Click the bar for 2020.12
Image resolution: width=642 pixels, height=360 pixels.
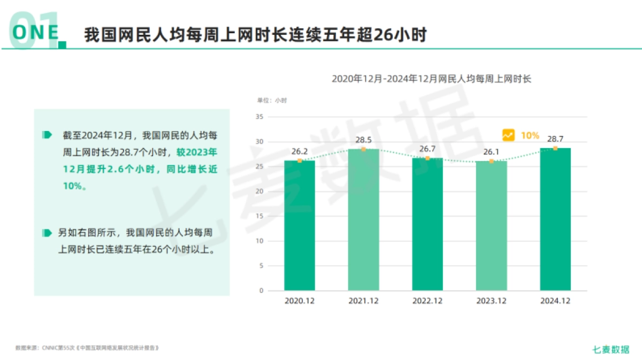[300, 225]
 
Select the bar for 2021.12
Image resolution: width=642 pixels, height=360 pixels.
[363, 219]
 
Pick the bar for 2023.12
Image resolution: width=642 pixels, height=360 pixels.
[491, 225]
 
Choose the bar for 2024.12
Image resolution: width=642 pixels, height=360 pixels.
[555, 219]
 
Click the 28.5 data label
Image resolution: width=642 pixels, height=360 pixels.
[363, 140]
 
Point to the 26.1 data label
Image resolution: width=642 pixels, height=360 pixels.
[491, 152]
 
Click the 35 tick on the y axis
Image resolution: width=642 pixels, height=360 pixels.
[260, 117]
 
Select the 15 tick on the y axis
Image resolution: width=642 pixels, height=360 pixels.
[260, 216]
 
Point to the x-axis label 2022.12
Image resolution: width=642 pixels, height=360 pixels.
[427, 301]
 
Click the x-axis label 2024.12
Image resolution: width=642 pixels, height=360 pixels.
[555, 301]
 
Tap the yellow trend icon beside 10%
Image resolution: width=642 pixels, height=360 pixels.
[508, 135]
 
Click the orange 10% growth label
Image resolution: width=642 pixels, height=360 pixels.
[530, 135]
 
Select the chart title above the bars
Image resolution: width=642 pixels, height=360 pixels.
[431, 79]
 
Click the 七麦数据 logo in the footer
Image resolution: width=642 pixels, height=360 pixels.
[611, 349]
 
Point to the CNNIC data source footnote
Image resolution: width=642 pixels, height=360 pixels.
[88, 348]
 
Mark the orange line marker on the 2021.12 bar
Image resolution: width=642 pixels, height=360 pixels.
[363, 149]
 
